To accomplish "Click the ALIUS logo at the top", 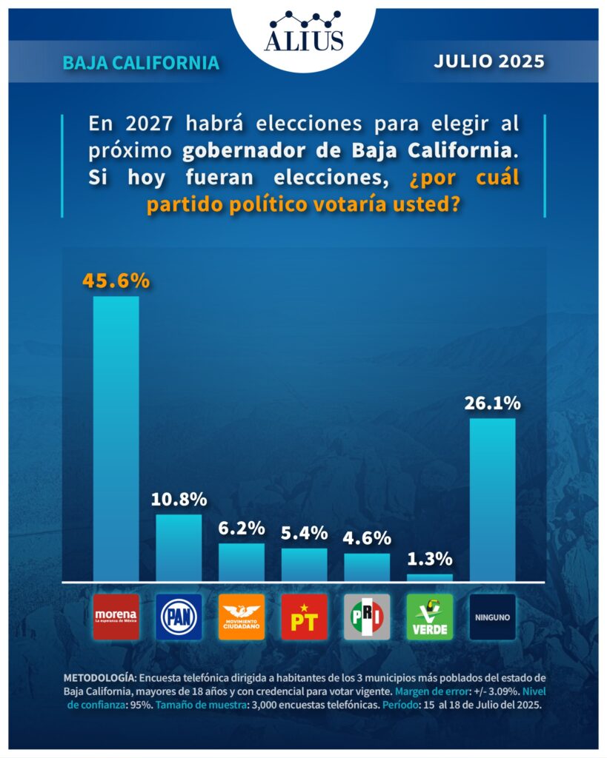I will [304, 31].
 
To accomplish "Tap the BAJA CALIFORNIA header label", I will [141, 63].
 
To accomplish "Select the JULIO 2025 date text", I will [488, 61].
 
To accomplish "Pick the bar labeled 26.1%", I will [493, 500].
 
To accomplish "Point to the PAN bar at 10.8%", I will [179, 548].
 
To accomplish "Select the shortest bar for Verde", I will [430, 577].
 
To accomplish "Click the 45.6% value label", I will [116, 281].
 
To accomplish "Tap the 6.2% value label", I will [242, 529].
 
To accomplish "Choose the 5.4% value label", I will [304, 533].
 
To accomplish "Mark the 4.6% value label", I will [367, 538].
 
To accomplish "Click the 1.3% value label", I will [430, 559].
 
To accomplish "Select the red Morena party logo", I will [116, 617].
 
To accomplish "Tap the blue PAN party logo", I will [179, 617].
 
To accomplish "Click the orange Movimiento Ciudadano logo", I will [242, 617].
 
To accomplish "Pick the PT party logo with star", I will [304, 617].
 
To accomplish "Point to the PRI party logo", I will [367, 617].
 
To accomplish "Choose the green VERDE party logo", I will [430, 617].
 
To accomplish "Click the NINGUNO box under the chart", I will [493, 617].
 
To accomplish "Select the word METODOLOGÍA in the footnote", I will [99, 677].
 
